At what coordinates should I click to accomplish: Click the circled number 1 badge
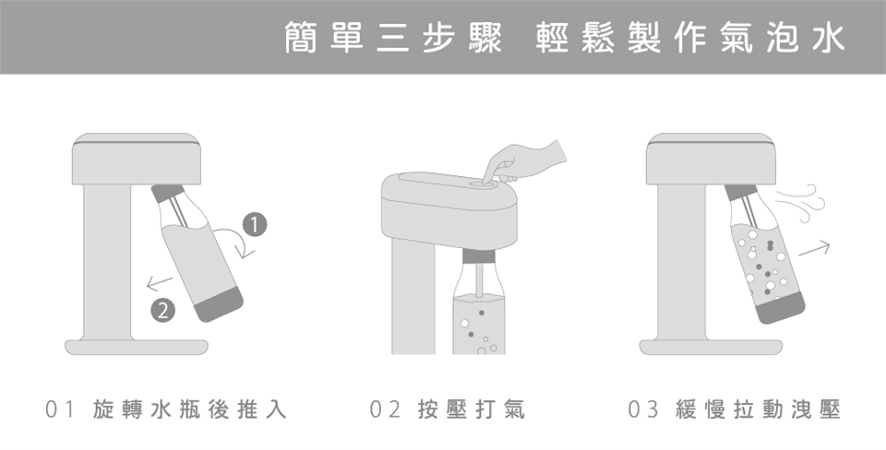coord(255,225)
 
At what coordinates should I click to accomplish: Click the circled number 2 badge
coord(162,311)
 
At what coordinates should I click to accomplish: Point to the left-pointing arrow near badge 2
coord(160,283)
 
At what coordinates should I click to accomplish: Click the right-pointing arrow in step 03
coord(814,248)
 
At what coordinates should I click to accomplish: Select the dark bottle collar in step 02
coord(479,255)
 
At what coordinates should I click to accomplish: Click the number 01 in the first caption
coord(60,409)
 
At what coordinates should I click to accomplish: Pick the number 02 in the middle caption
coord(385,409)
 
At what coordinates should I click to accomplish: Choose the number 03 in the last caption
coord(643,409)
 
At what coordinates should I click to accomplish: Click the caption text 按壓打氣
coord(472,409)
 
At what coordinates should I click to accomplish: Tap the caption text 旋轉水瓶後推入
coord(190,409)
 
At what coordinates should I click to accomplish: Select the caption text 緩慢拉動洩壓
coord(759,409)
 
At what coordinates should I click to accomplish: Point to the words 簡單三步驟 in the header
coord(393,38)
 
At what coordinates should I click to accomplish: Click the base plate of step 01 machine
coord(137,348)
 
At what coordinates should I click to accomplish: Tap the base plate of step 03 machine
coord(711,348)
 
